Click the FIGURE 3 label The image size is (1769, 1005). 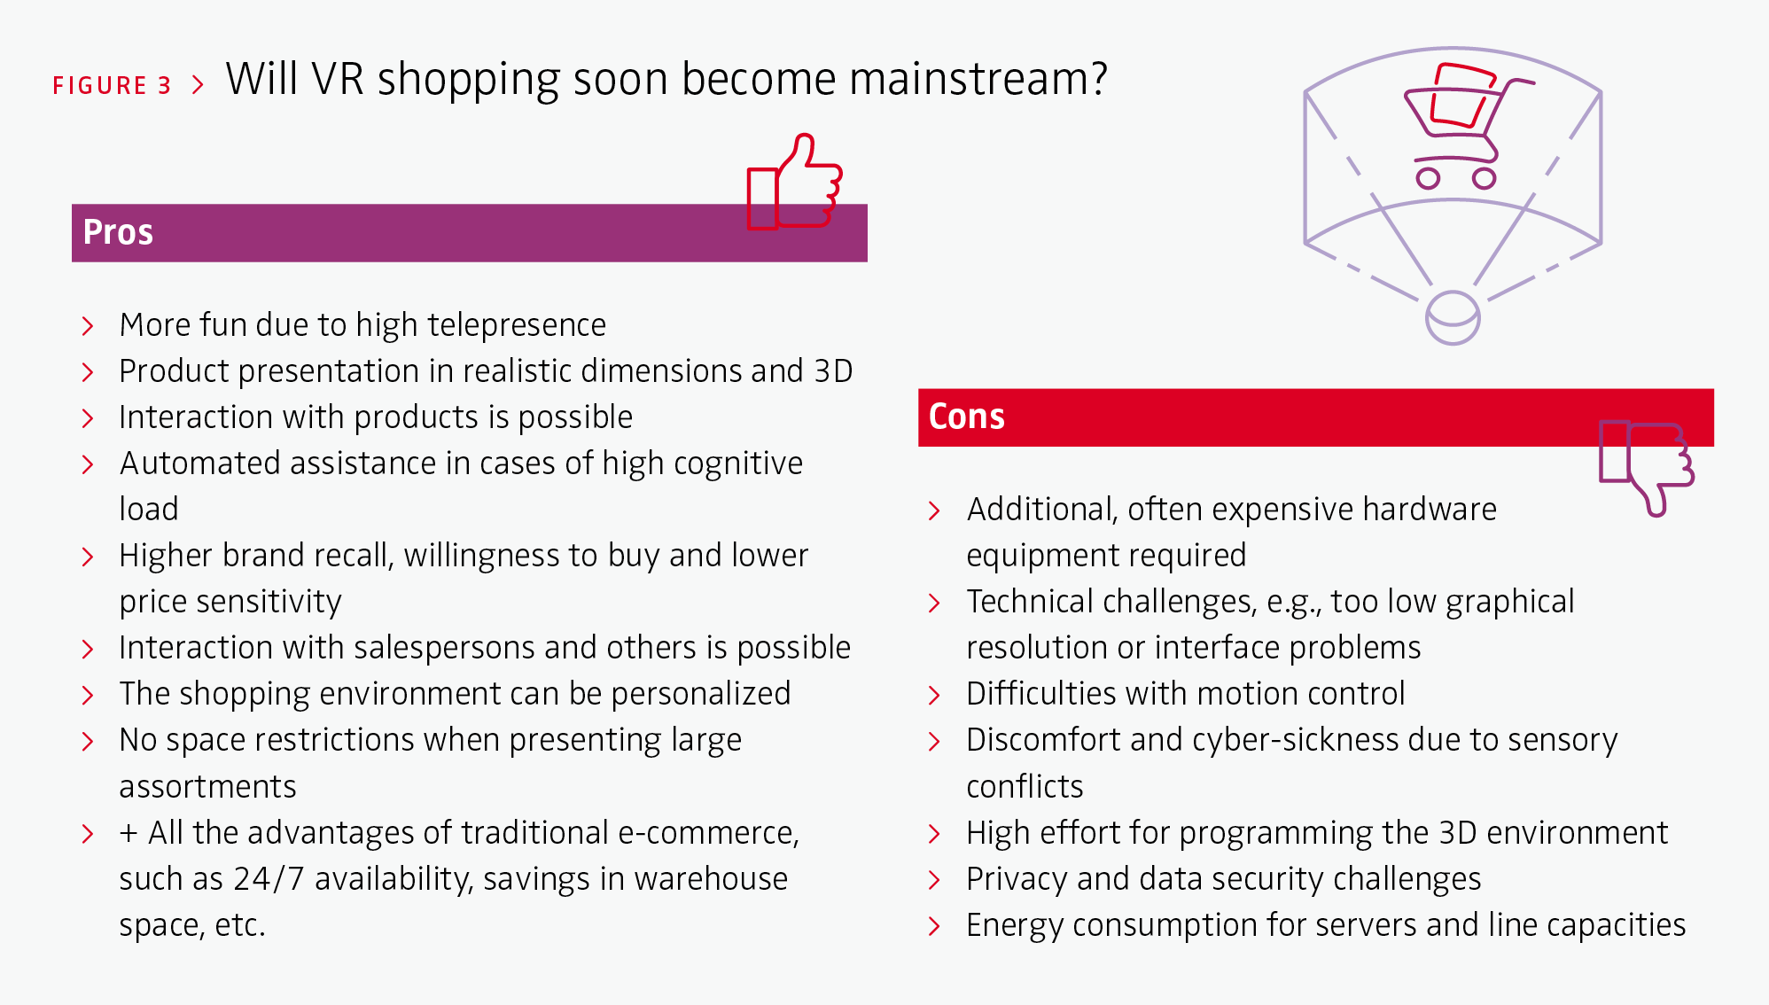click(112, 85)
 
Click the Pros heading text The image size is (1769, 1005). click(118, 232)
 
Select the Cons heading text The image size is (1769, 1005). click(966, 417)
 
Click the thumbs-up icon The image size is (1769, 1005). click(794, 182)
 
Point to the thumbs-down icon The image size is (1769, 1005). click(1646, 468)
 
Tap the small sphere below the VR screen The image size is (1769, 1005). click(1453, 317)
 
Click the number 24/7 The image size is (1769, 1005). click(269, 879)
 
